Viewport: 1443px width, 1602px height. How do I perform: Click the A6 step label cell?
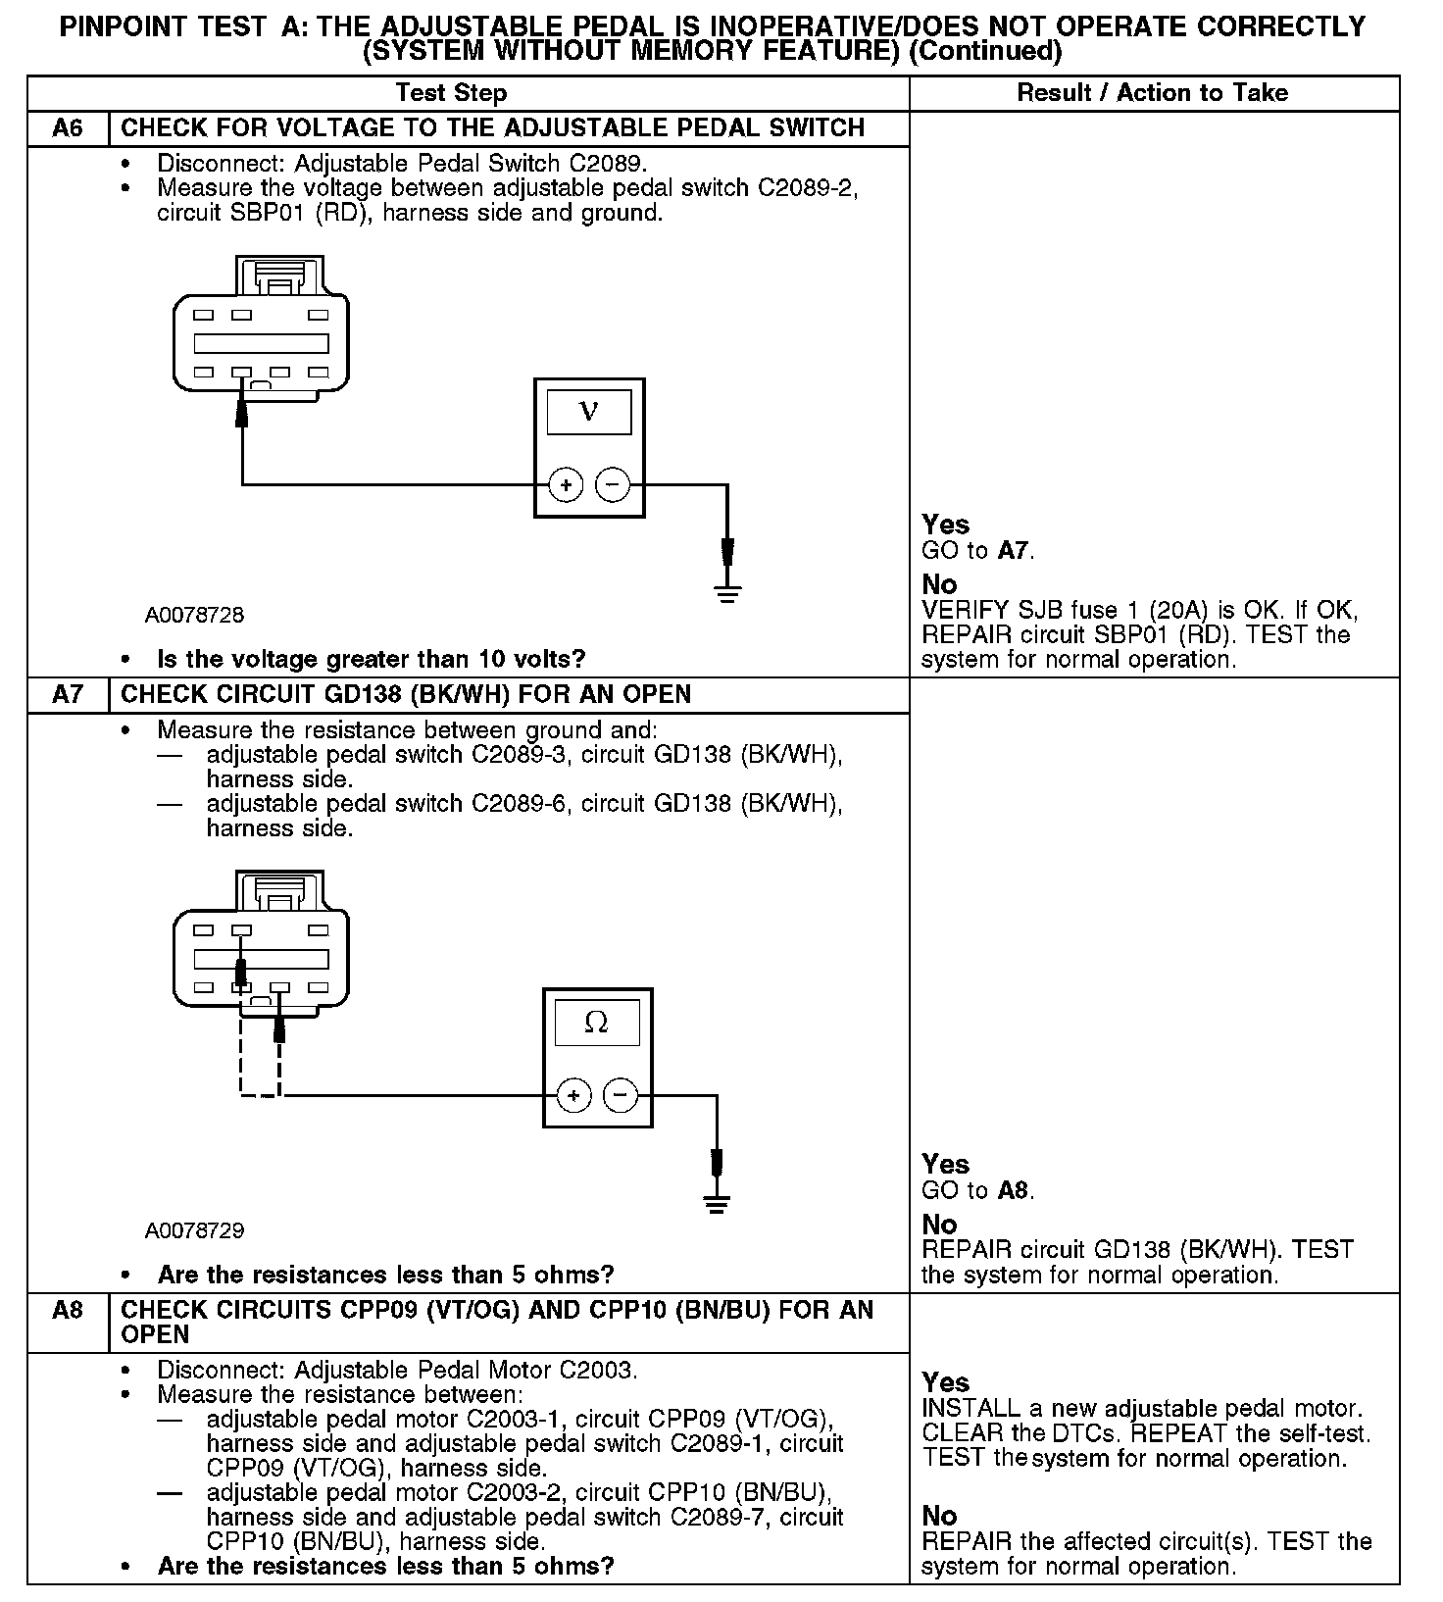68,128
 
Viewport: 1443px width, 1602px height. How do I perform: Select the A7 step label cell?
68,695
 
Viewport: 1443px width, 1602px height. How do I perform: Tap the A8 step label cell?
68,1311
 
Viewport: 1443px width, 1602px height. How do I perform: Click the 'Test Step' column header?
451,93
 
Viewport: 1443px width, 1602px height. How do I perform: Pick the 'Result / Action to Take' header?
1152,93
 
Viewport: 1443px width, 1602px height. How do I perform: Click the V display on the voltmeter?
588,411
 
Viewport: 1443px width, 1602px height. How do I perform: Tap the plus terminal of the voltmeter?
566,484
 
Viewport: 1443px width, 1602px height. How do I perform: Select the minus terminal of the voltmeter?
613,484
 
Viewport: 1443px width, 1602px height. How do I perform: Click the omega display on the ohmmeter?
596,1023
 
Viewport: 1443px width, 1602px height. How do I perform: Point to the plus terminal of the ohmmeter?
574,1094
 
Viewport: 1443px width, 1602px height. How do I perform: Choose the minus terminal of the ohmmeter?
621,1094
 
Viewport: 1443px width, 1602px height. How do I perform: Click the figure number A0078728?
194,616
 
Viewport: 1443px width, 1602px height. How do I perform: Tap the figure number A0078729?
194,1230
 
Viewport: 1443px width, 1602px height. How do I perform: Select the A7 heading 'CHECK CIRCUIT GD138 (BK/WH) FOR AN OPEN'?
406,695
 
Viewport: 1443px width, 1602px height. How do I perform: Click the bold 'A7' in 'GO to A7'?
1014,551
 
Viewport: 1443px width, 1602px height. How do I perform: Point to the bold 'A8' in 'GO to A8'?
1014,1191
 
